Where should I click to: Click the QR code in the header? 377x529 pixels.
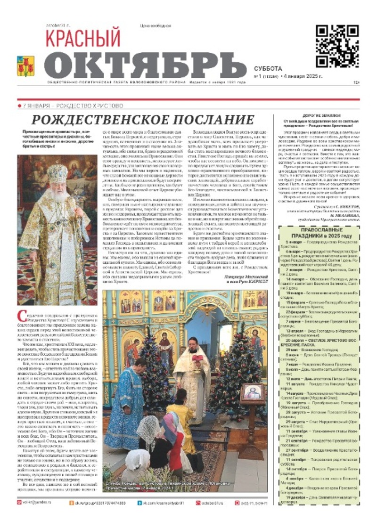pos(337,46)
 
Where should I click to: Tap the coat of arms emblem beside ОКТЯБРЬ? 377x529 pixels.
pos(25,66)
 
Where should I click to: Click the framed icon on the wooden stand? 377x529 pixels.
pos(253,393)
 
